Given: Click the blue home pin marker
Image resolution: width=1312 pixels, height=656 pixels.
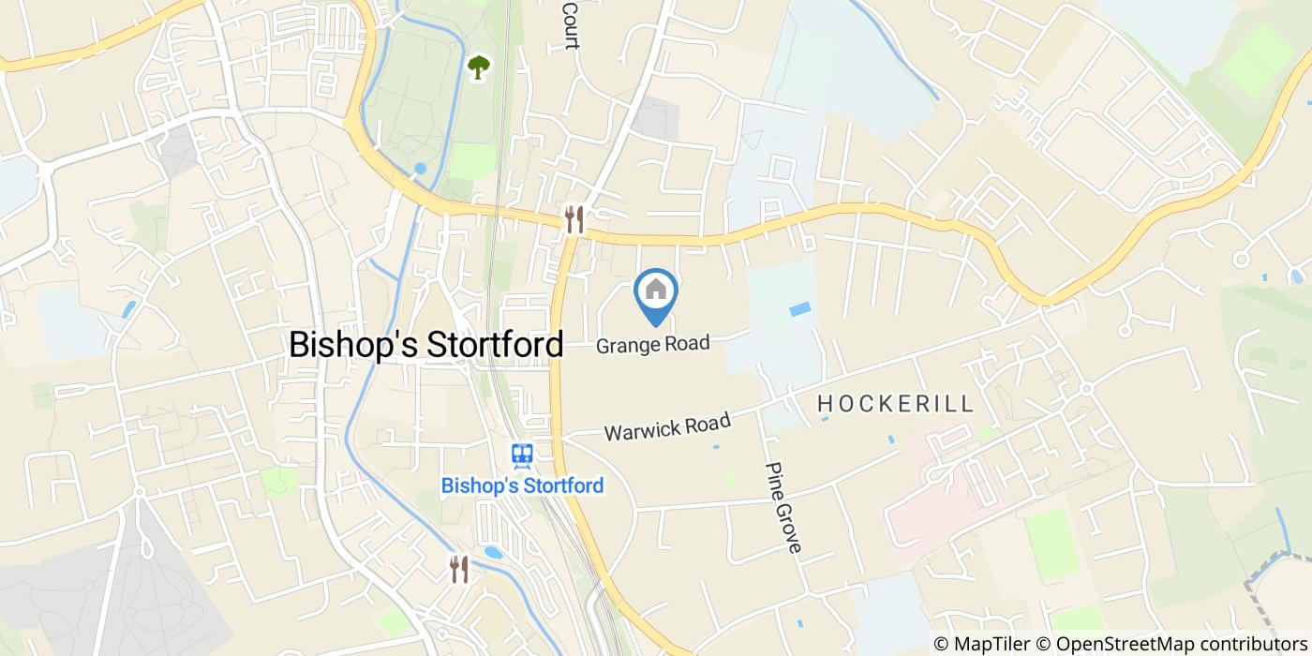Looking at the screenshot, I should tap(656, 293).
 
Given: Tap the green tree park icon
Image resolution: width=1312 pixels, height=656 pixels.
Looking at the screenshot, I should tap(479, 66).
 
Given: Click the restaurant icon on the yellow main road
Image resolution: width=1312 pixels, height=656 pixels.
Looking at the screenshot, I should tap(574, 219).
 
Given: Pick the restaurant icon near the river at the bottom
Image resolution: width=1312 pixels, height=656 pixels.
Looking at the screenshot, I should tap(459, 568).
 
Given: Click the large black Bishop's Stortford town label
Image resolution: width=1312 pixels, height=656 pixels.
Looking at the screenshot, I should tap(426, 344).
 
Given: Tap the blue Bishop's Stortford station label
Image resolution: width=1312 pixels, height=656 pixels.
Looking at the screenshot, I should tap(522, 485).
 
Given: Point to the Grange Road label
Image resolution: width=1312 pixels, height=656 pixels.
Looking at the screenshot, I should tap(653, 344).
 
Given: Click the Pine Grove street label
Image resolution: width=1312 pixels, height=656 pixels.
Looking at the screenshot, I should tap(784, 507).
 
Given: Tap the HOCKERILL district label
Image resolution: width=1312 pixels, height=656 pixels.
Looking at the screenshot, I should tap(896, 404).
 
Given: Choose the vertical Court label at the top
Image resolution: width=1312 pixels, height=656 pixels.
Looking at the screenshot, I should tap(569, 24).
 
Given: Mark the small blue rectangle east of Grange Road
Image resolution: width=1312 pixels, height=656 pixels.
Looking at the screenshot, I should tap(800, 309).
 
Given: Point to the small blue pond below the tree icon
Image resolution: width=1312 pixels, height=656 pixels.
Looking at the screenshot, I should tap(420, 169).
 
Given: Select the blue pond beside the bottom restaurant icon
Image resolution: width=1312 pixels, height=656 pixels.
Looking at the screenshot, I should tap(493, 552).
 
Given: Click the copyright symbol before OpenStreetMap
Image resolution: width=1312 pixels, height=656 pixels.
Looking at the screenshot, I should tap(1043, 644).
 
